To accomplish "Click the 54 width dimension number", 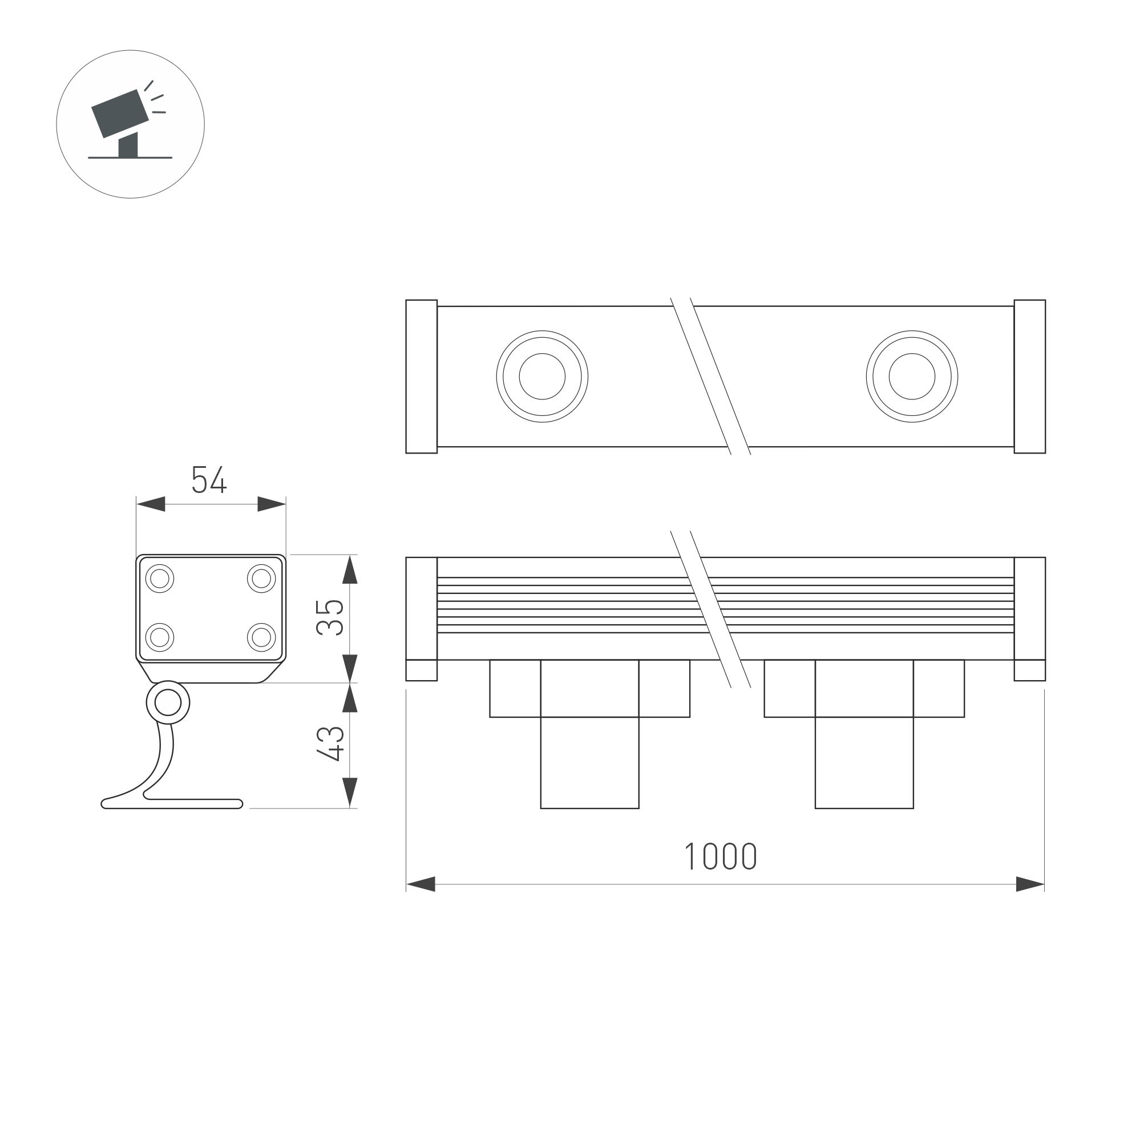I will pyautogui.click(x=209, y=480).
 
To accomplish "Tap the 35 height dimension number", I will pyautogui.click(x=330, y=617).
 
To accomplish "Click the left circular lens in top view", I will pyautogui.click(x=541, y=377).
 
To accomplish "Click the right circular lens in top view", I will pyautogui.click(x=912, y=377).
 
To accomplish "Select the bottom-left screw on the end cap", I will pyautogui.click(x=159, y=637).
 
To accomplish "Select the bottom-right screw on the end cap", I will pyautogui.click(x=261, y=637).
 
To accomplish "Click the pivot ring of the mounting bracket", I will pyautogui.click(x=168, y=702).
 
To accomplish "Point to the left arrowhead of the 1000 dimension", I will pyautogui.click(x=421, y=884).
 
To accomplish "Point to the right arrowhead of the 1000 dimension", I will pyautogui.click(x=1030, y=884).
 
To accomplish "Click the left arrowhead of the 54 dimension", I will pyautogui.click(x=151, y=504).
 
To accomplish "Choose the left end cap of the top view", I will pyautogui.click(x=421, y=377).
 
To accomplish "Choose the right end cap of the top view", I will pyautogui.click(x=1030, y=377).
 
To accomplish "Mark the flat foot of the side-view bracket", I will pyautogui.click(x=177, y=804).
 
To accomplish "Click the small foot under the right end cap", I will pyautogui.click(x=1030, y=670).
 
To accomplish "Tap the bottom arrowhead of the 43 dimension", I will pyautogui.click(x=350, y=793).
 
